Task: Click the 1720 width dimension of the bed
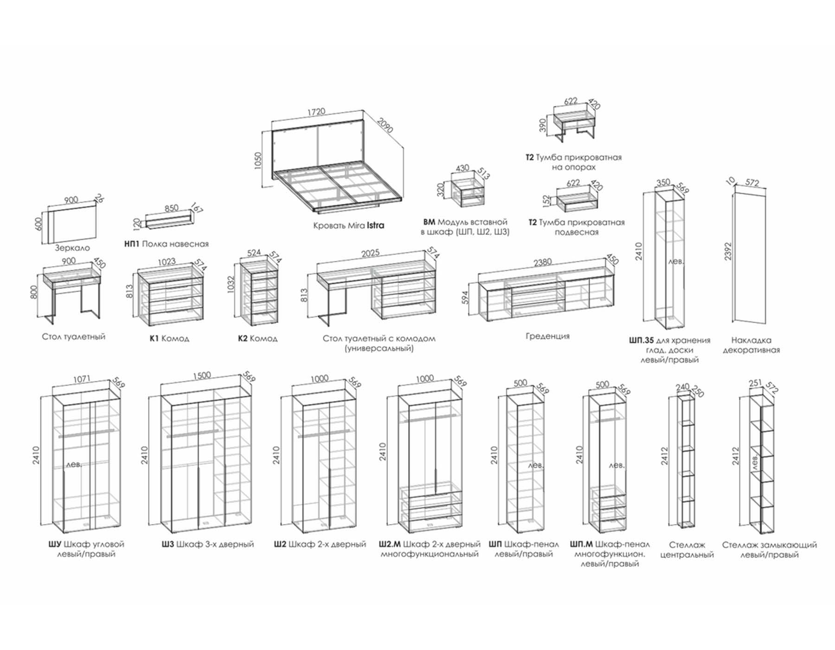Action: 316,112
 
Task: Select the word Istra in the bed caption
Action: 375,226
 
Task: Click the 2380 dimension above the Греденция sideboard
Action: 542,263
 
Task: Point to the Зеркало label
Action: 72,248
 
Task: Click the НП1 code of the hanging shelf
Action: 132,244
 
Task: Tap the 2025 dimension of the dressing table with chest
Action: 370,253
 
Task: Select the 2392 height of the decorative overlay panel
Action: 728,251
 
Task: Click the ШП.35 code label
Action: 642,340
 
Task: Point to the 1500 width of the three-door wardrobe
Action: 201,375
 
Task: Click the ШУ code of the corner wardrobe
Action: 55,544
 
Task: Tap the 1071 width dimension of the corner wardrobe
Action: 82,380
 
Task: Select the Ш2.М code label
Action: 390,544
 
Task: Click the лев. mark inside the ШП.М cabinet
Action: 617,465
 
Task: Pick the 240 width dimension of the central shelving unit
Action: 682,387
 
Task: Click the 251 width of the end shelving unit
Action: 755,383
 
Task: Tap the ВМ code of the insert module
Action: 429,222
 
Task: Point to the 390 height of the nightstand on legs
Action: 543,125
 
